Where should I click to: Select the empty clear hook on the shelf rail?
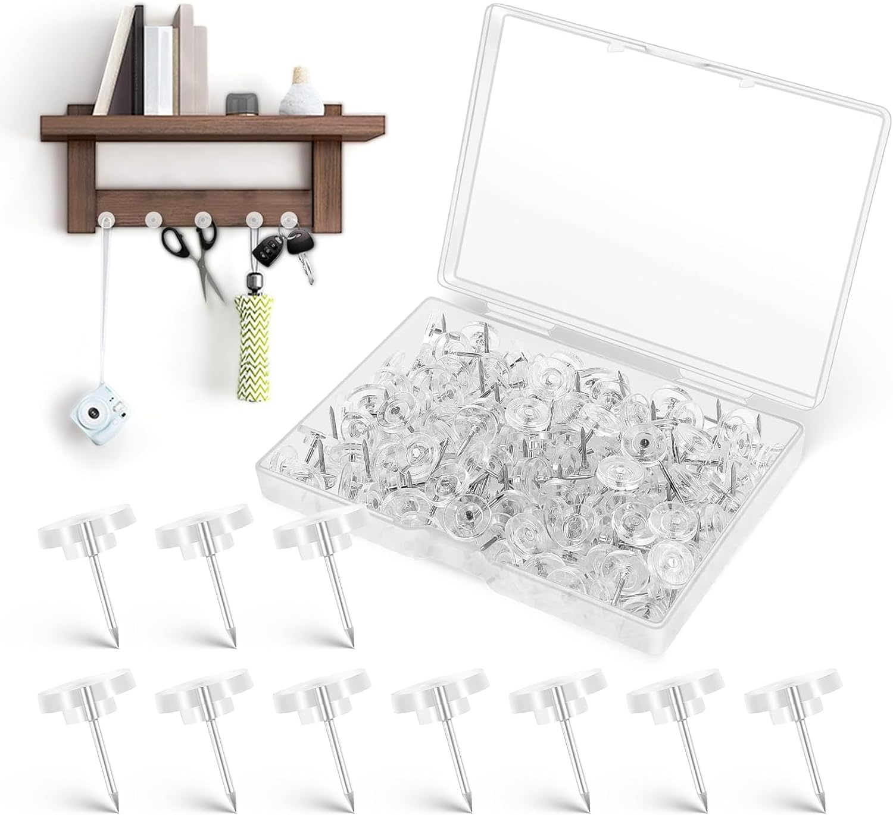[154, 219]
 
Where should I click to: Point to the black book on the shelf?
[138, 59]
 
